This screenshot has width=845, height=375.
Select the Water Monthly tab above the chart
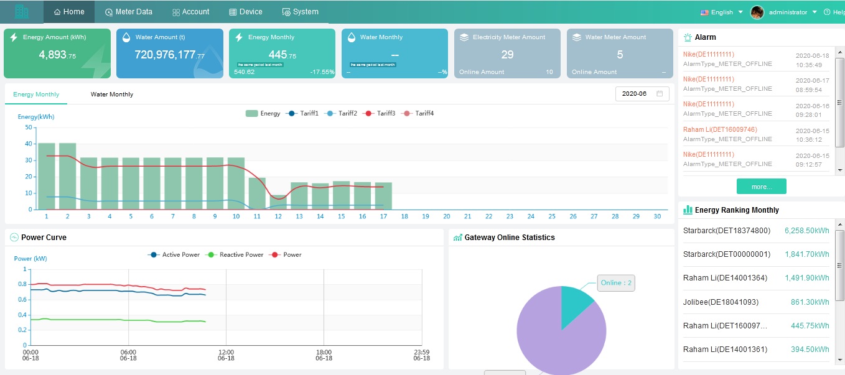click(112, 95)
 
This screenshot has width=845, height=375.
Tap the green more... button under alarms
click(761, 187)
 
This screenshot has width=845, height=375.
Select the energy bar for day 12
click(278, 202)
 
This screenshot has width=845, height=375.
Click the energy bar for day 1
click(47, 177)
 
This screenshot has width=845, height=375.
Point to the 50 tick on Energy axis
click(29, 127)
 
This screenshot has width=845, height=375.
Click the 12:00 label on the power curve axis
click(226, 352)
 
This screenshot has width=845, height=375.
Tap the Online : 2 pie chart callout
click(616, 283)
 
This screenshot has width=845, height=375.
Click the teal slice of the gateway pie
click(574, 305)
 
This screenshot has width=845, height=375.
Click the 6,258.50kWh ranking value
click(806, 231)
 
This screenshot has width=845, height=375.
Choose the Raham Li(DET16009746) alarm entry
click(720, 129)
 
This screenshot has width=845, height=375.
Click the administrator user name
click(788, 12)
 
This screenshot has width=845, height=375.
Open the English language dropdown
click(722, 12)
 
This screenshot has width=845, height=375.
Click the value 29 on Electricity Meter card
click(507, 55)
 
